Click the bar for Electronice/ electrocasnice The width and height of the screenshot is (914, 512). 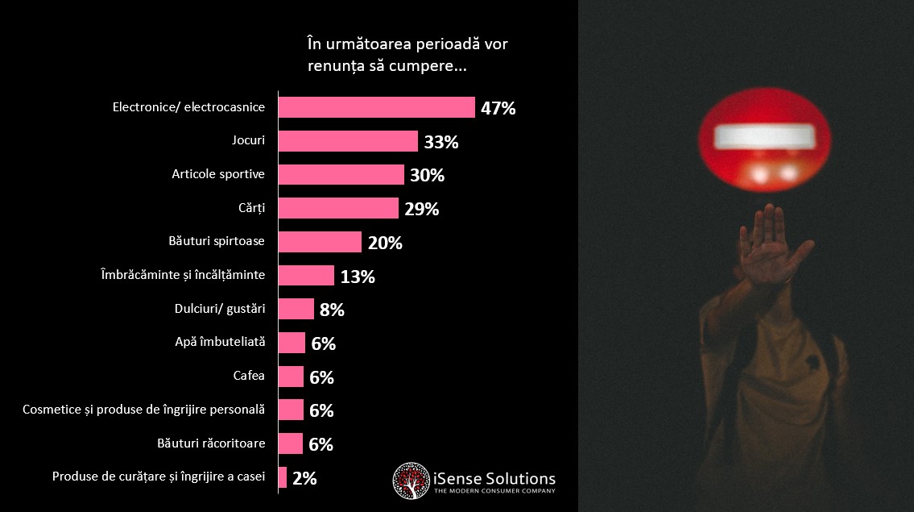pyautogui.click(x=377, y=107)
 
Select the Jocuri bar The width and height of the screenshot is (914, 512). pyautogui.click(x=348, y=141)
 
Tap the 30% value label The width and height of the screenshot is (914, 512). pyautogui.click(x=428, y=175)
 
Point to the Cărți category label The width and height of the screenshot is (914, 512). pyautogui.click(x=252, y=208)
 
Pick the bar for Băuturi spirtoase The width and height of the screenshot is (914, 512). pyautogui.click(x=320, y=242)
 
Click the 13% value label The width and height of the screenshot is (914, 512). pyautogui.click(x=358, y=276)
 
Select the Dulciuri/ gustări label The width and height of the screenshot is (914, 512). pyautogui.click(x=220, y=308)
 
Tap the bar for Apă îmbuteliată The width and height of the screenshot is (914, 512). pyautogui.click(x=292, y=343)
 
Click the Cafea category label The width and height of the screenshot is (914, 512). pyautogui.click(x=249, y=376)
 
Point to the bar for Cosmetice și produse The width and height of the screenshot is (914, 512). pyautogui.click(x=291, y=410)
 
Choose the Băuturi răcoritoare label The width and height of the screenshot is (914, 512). pyautogui.click(x=211, y=443)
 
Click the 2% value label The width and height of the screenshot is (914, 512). pyautogui.click(x=304, y=478)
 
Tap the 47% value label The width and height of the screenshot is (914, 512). pyautogui.click(x=498, y=108)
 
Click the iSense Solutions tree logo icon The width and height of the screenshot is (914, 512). pyautogui.click(x=411, y=481)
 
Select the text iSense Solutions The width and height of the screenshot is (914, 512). pyautogui.click(x=494, y=479)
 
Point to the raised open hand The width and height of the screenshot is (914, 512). pyautogui.click(x=771, y=244)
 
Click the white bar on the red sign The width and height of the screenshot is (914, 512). pyautogui.click(x=764, y=136)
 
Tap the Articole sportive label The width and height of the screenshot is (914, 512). pyautogui.click(x=218, y=174)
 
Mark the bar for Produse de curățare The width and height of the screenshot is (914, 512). pyautogui.click(x=283, y=477)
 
